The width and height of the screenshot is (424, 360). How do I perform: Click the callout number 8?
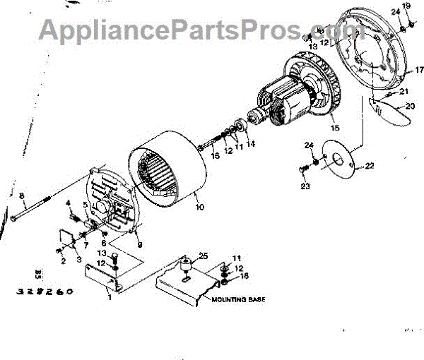(21, 196)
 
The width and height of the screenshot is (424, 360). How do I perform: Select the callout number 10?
(199, 208)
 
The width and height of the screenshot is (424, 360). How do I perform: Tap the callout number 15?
(334, 128)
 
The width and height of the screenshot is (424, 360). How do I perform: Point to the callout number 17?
(418, 70)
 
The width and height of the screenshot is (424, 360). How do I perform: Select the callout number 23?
(305, 187)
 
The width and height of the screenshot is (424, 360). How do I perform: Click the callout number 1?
(110, 296)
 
